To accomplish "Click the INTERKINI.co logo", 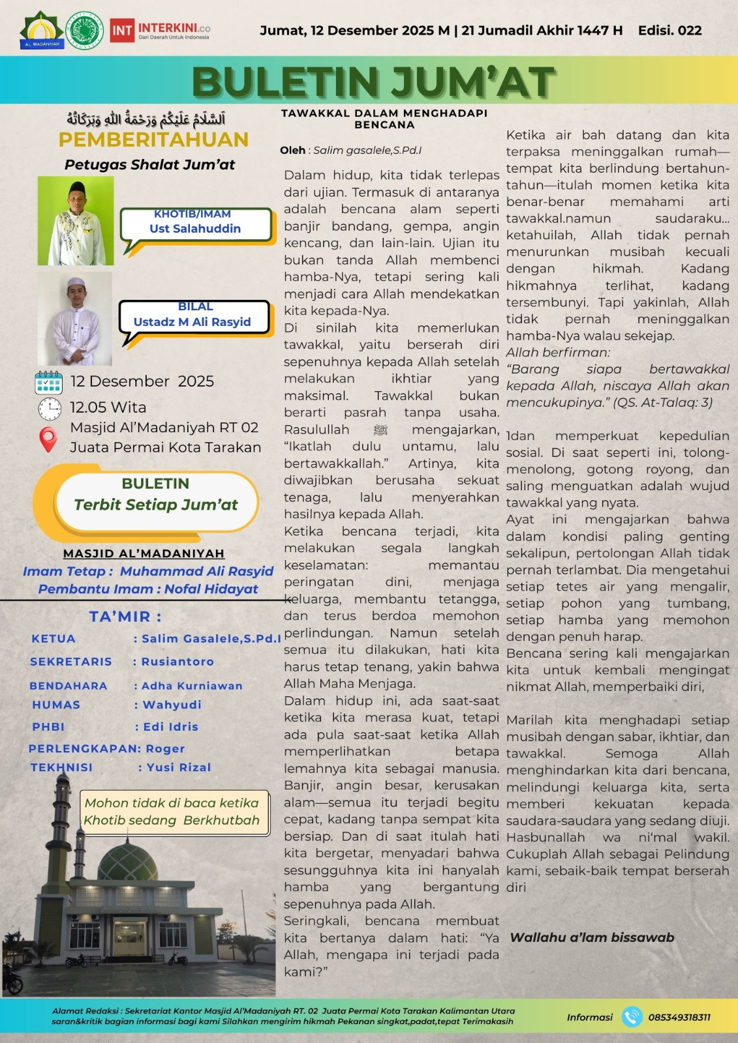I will pos(161,31).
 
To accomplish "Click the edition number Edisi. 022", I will pos(669,31).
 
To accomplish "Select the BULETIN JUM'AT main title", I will pos(373,82).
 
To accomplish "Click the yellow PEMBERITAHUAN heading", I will pos(153,140).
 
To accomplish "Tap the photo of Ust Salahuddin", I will pos(76,221).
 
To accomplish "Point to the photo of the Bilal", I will pos(75,319).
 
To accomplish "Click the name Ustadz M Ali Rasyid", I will pos(192,321).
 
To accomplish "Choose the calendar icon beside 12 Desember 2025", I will pos(48,383).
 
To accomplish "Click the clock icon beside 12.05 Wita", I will pos(50,409).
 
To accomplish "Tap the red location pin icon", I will pos(48,439).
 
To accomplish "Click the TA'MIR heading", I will pos(125,616).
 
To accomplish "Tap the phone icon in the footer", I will pos(631,1017).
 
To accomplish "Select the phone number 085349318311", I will pos(679,1017).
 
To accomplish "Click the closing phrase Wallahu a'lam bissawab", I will pos(592,937).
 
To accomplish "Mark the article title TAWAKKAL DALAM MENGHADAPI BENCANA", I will pos(384,119).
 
